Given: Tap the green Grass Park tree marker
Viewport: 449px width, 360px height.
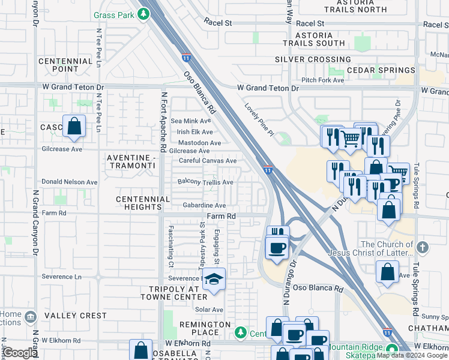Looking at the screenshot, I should [x=143, y=14].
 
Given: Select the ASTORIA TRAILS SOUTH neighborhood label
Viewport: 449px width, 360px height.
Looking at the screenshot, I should [x=314, y=40].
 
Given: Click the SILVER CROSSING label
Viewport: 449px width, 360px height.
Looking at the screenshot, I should [x=313, y=59].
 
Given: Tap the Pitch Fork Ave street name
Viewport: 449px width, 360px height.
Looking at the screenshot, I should [x=322, y=80].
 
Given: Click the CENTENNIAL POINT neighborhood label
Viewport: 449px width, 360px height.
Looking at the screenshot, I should [x=65, y=65].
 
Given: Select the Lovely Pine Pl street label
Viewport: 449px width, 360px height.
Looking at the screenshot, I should [x=259, y=119].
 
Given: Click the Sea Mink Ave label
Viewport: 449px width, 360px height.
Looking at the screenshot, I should [x=192, y=121].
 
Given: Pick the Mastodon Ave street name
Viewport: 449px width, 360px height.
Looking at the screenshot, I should [x=199, y=143].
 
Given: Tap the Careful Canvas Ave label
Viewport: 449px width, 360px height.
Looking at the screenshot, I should [x=208, y=161].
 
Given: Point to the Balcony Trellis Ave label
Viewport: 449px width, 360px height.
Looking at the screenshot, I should [x=205, y=182].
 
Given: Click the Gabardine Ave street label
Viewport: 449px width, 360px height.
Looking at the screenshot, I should [x=204, y=205].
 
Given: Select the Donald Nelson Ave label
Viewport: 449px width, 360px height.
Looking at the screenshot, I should [x=69, y=182].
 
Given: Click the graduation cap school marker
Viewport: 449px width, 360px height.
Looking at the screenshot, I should [x=213, y=280].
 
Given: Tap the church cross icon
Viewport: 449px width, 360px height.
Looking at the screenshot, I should [x=423, y=247].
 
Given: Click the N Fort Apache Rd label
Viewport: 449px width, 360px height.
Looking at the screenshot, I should [x=163, y=121].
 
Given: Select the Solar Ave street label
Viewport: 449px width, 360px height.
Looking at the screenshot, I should [x=209, y=310].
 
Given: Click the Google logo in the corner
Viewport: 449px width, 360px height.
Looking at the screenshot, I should [x=19, y=353].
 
